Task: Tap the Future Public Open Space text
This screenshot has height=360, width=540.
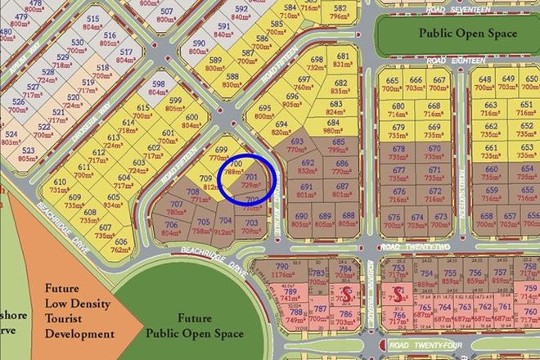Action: click(x=194, y=326)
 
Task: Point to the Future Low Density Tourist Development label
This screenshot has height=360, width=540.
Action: click(x=79, y=312)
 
